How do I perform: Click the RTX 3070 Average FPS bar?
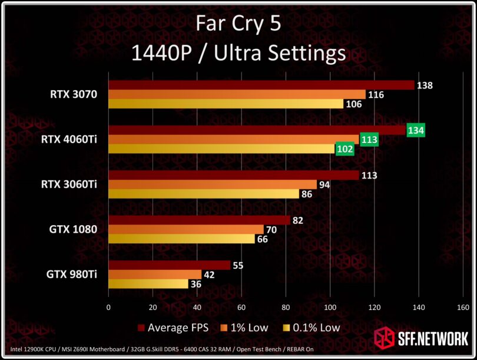click(x=261, y=85)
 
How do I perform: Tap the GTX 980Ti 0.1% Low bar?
click(x=148, y=284)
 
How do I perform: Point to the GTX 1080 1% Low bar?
click(x=186, y=230)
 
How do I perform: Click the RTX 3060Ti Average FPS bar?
click(x=233, y=176)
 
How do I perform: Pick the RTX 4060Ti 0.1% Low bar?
click(x=221, y=149)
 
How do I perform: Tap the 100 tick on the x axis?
click(x=330, y=307)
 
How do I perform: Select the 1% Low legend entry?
click(x=246, y=328)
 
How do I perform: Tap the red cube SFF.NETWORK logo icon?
click(x=384, y=338)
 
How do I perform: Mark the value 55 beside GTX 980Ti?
click(x=238, y=266)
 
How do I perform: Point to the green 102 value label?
click(x=345, y=150)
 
